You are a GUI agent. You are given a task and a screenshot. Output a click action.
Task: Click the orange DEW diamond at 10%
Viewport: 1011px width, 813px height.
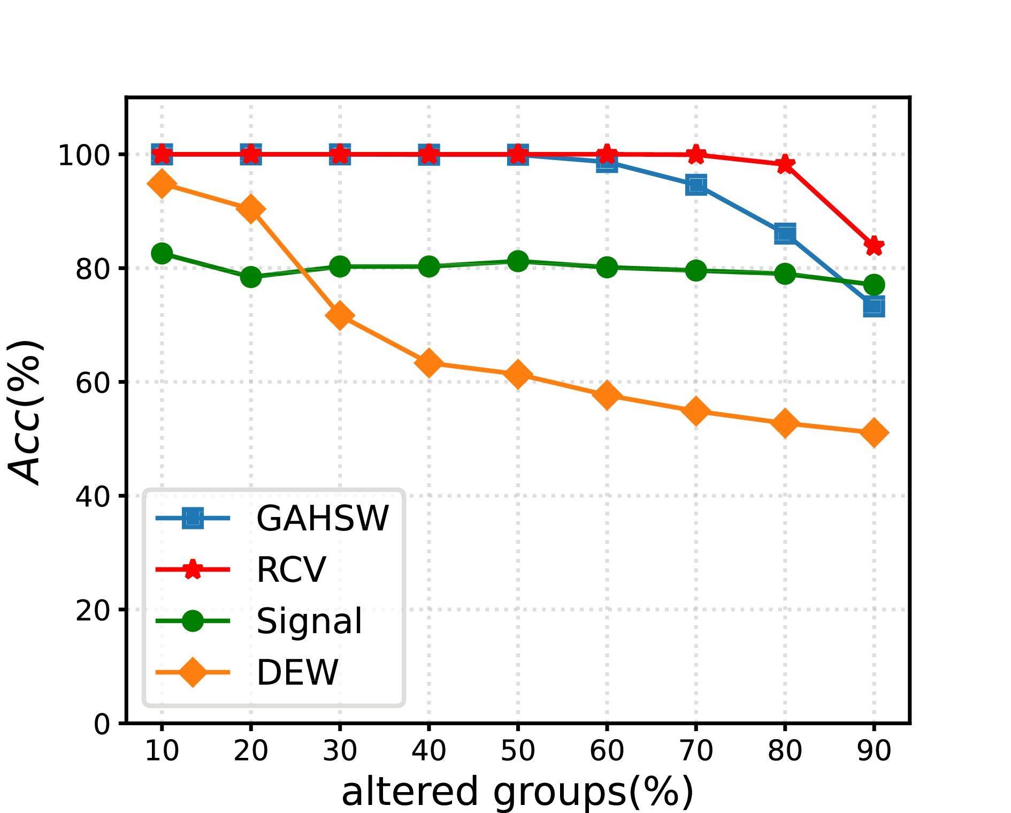(162, 184)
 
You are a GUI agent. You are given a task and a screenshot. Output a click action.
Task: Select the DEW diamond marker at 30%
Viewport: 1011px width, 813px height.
(340, 315)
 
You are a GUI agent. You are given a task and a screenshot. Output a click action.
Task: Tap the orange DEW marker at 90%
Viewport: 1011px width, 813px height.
(874, 432)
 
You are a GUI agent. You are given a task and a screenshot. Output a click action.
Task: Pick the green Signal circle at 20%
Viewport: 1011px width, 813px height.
(251, 277)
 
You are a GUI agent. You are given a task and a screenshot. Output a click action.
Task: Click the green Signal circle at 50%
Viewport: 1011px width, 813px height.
(518, 261)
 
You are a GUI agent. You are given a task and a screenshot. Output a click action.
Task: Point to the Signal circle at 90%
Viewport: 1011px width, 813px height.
(874, 285)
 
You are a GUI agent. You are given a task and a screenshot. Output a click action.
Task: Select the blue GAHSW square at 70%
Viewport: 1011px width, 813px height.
(696, 185)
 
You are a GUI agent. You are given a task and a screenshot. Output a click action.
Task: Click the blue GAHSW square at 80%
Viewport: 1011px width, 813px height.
(785, 233)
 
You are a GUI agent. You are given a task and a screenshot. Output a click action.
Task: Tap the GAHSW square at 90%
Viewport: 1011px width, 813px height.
(874, 307)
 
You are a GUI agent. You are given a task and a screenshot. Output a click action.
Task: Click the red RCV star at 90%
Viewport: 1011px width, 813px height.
(874, 246)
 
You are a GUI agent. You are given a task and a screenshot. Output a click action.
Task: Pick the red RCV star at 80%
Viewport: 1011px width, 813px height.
(785, 164)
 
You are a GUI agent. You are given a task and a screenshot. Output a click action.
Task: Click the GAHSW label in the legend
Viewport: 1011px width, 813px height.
(323, 518)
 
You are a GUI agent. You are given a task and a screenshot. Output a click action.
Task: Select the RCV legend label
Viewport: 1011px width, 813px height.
(291, 569)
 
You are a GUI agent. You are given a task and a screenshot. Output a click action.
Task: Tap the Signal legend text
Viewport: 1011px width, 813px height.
(309, 621)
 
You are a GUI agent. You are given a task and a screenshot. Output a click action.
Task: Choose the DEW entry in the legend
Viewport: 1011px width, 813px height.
(297, 672)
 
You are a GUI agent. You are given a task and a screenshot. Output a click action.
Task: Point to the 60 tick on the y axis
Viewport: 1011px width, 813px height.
(93, 382)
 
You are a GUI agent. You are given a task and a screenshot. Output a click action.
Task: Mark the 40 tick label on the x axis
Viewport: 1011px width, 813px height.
(428, 750)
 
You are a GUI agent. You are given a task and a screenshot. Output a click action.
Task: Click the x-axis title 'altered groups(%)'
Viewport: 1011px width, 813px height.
(517, 792)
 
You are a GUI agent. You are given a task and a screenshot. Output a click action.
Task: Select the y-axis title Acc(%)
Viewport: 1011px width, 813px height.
(26, 411)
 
